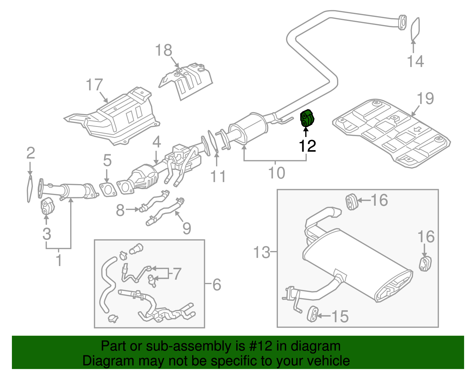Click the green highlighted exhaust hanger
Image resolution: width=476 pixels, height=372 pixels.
pos(307,119)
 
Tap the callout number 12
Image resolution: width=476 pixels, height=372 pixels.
pos(307,146)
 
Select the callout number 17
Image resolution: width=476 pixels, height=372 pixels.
pos(94,85)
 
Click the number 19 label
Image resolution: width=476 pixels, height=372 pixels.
pos(425,98)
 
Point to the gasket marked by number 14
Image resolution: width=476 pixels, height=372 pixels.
pos(415,29)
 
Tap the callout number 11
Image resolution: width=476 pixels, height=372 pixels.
pos(218,176)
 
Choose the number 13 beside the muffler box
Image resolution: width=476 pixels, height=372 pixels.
pos(262,252)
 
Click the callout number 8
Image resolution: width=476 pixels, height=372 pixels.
pos(120,210)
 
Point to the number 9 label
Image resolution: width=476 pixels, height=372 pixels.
pos(187,228)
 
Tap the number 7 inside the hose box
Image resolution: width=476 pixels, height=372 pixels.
pos(177,273)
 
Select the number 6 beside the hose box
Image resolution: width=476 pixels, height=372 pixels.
pos(217,284)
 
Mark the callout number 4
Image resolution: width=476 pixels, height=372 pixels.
pos(157,142)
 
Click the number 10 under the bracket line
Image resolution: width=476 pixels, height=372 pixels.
pos(276,173)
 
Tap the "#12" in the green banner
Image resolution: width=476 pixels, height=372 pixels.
pos(259,346)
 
